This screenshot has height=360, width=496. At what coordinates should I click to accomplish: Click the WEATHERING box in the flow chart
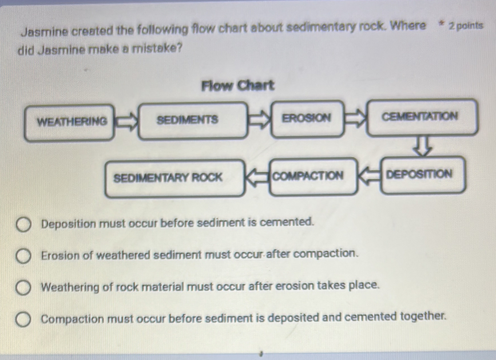(x=70, y=121)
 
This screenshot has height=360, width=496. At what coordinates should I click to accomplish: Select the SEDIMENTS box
(x=187, y=120)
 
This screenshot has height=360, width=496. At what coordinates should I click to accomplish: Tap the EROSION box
(x=307, y=119)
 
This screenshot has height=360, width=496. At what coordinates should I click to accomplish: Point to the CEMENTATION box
(x=420, y=117)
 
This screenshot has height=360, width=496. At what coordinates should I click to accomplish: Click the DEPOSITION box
(x=420, y=173)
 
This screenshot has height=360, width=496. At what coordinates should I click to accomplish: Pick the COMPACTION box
(x=309, y=176)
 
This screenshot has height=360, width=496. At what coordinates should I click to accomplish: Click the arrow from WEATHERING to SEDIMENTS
(x=126, y=121)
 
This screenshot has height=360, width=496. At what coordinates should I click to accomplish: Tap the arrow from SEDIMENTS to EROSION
(x=259, y=120)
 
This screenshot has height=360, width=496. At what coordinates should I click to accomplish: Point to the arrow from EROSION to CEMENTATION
(x=355, y=118)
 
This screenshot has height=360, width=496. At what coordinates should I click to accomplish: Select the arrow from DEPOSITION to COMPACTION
(x=368, y=174)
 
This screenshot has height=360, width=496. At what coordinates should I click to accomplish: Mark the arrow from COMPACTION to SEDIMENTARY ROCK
(x=256, y=177)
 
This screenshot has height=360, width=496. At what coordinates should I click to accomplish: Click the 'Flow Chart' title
(x=238, y=86)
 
